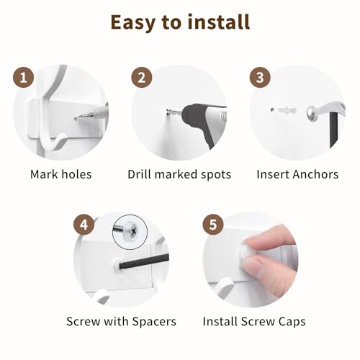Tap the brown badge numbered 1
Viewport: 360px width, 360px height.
pyautogui.click(x=23, y=78)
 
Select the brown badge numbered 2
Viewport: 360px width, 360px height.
pyautogui.click(x=142, y=78)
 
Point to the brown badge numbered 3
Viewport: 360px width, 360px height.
pyautogui.click(x=260, y=78)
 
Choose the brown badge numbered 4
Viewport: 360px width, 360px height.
pyautogui.click(x=84, y=225)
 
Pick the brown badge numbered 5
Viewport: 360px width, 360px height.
pyautogui.click(x=213, y=225)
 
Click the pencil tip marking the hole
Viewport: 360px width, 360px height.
pyautogui.click(x=76, y=118)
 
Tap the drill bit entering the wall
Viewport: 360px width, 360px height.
pyautogui.click(x=174, y=112)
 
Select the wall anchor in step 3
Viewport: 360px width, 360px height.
pyautogui.click(x=284, y=110)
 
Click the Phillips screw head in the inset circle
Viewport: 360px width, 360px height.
pyautogui.click(x=132, y=230)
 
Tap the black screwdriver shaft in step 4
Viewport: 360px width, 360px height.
pyautogui.click(x=144, y=262)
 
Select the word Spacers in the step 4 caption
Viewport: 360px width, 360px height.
pyautogui.click(x=154, y=322)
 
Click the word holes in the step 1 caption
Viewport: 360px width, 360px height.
pyautogui.click(x=76, y=174)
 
